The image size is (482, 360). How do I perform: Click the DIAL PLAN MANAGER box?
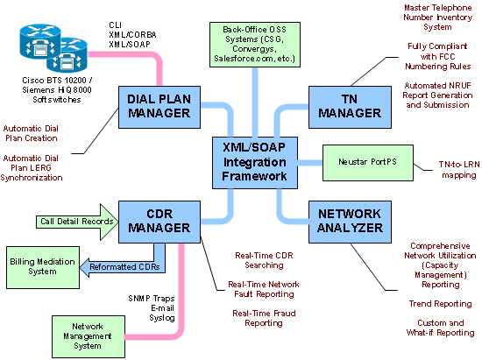(159, 107)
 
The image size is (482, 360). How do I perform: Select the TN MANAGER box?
(350, 107)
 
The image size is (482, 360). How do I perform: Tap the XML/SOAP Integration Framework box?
(255, 163)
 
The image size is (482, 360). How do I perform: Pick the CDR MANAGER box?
(159, 222)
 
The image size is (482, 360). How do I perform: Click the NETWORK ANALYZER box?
(350, 222)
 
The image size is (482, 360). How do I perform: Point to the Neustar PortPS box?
(368, 163)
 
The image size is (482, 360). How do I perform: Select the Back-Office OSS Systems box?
(255, 44)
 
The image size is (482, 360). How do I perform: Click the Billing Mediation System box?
(43, 267)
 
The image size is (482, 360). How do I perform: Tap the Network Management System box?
(89, 336)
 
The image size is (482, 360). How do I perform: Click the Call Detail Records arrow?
(77, 222)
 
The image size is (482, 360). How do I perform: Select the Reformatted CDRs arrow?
(123, 266)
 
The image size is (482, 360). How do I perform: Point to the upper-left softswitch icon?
(40, 41)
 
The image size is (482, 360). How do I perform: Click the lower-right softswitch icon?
(67, 55)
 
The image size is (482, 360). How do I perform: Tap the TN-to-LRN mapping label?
(459, 170)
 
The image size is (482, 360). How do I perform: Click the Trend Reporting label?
(440, 304)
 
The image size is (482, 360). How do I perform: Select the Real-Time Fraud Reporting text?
(264, 318)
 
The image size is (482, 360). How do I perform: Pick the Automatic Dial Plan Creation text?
(31, 133)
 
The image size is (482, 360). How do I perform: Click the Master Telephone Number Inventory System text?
(437, 18)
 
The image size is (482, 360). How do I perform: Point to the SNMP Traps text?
(152, 299)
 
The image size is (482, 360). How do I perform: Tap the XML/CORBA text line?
(132, 35)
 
